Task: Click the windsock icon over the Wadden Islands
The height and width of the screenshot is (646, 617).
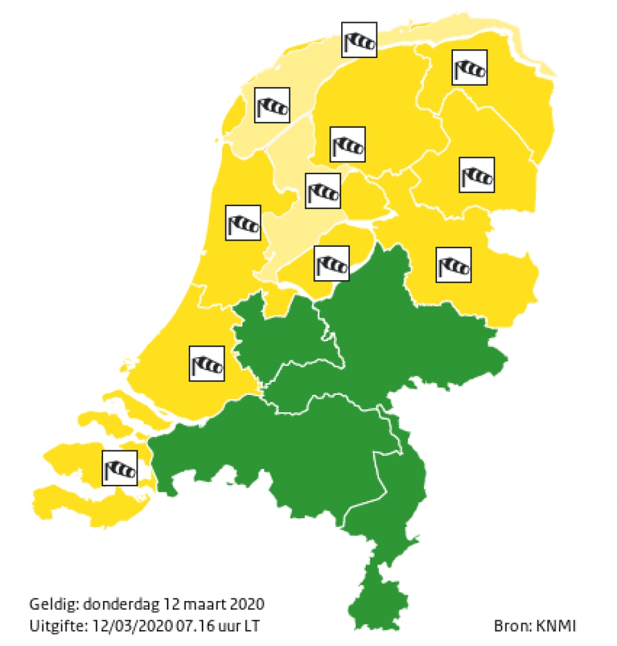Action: (360, 41)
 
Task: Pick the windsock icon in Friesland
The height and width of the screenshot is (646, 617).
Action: (347, 144)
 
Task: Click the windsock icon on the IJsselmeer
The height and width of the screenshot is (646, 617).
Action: (323, 191)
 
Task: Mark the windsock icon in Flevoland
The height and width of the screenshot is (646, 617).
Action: (332, 263)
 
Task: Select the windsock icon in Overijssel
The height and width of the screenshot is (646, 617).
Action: (453, 265)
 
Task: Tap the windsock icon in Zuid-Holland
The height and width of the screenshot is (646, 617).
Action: (206, 363)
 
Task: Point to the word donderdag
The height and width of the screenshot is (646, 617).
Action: (113, 603)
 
